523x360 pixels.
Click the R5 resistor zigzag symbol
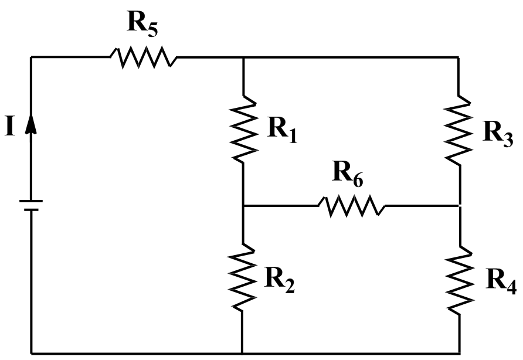point(143,57)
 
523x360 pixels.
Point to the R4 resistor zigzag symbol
point(459,278)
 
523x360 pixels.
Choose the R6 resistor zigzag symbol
point(352,206)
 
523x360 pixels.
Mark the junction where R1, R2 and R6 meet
point(243,206)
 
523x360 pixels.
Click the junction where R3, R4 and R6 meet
point(459,206)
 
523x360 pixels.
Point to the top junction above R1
point(243,57)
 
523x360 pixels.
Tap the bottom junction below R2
point(243,354)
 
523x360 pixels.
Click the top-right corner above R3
point(459,57)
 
